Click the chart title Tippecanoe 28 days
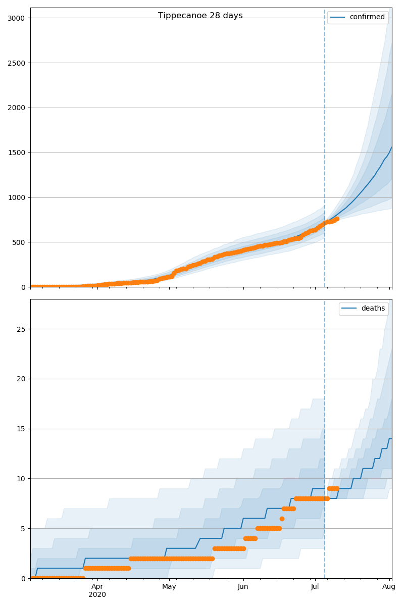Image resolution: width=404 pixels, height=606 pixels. (x=200, y=16)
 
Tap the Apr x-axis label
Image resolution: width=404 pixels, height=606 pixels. (x=97, y=587)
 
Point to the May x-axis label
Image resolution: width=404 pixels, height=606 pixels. (x=169, y=587)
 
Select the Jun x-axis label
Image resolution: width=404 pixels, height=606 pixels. (x=243, y=587)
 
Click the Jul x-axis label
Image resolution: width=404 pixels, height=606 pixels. (x=315, y=587)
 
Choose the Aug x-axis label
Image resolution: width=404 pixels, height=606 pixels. (x=389, y=587)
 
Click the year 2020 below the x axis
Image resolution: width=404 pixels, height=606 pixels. (x=97, y=595)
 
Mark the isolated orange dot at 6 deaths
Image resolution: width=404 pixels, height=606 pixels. (x=282, y=519)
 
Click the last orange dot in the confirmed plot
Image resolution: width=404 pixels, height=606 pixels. (x=337, y=219)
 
